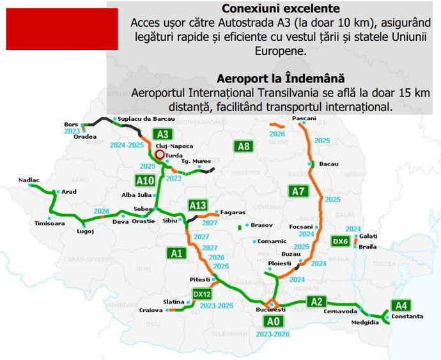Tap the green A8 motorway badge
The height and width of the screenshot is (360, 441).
244,147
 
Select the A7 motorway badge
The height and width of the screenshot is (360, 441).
298,191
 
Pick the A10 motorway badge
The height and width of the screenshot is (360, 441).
145,180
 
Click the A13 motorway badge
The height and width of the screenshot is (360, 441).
198,205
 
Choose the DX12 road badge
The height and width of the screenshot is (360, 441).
202,293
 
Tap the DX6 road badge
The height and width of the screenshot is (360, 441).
341,241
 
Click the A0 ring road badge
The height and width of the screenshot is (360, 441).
274,320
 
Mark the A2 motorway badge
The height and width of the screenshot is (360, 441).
316,301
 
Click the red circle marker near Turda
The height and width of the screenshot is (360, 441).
160,154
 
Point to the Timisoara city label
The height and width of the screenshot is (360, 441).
50,223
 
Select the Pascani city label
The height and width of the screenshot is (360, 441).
303,120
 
